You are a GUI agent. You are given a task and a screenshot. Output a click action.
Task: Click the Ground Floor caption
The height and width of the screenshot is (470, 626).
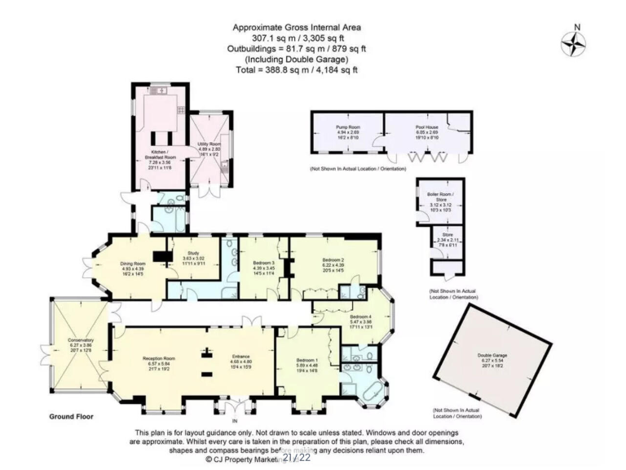(x=71, y=416)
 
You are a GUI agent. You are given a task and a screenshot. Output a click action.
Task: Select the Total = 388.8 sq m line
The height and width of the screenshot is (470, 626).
(x=296, y=70)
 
